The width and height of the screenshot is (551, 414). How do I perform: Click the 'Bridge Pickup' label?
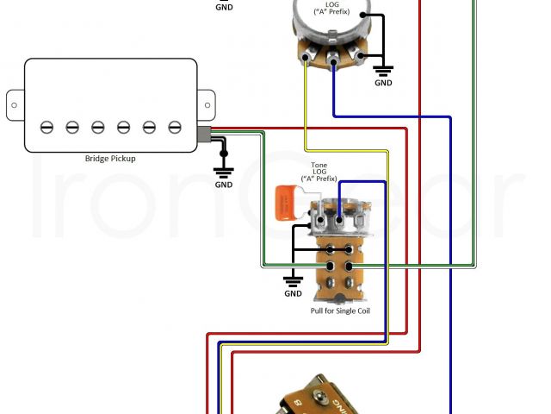pyautogui.click(x=110, y=159)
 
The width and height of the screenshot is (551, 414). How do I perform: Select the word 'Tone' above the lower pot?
pyautogui.click(x=319, y=164)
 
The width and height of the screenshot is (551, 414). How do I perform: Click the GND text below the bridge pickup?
pyautogui.click(x=224, y=185)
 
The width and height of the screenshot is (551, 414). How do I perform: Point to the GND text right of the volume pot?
pyautogui.click(x=383, y=84)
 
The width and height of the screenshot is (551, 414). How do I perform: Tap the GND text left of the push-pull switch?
pyautogui.click(x=293, y=293)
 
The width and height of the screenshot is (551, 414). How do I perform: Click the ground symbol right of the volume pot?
pyautogui.click(x=383, y=69)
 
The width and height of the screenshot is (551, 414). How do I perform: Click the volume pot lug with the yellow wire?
pyautogui.click(x=306, y=59)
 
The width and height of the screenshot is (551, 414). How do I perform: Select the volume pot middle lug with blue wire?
pyautogui.click(x=333, y=60)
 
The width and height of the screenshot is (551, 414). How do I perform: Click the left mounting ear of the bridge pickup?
pyautogui.click(x=15, y=104)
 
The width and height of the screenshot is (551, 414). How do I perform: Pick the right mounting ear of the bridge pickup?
pyautogui.click(x=206, y=104)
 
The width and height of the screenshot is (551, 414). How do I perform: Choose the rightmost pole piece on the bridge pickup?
pyautogui.click(x=175, y=127)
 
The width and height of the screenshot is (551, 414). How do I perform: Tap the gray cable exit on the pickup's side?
pyautogui.click(x=205, y=135)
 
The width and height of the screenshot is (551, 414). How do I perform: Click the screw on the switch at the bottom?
pyautogui.click(x=324, y=398)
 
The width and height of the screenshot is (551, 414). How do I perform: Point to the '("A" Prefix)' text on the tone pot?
pyautogui.click(x=319, y=179)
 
